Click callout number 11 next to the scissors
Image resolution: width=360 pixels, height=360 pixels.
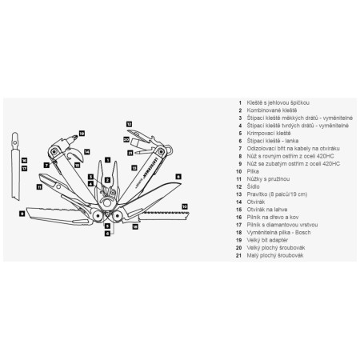pyautogui.click(x=40, y=186)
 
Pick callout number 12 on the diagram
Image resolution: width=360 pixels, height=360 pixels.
pyautogui.click(x=129, y=124)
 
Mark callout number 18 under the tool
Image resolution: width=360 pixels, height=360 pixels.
pyautogui.click(x=134, y=227)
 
